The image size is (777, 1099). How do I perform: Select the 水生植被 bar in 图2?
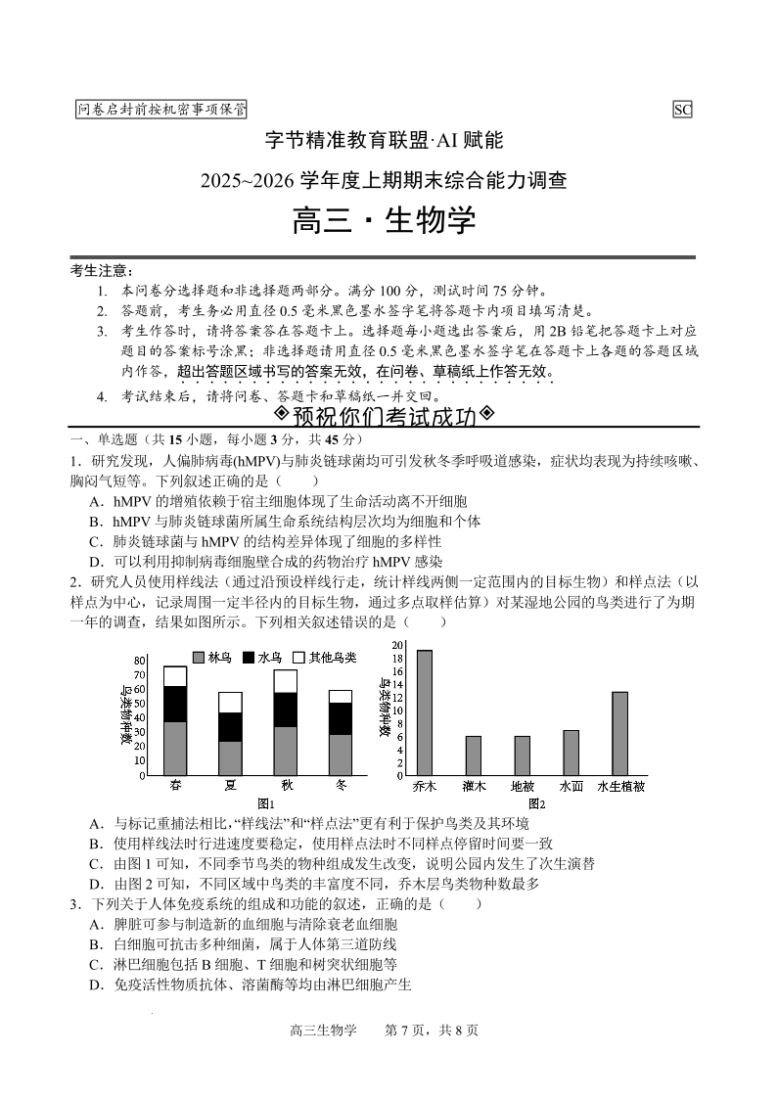pyautogui.click(x=619, y=733)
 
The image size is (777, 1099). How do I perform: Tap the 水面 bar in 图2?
pyautogui.click(x=571, y=753)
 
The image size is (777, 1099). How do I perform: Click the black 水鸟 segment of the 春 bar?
pyautogui.click(x=175, y=704)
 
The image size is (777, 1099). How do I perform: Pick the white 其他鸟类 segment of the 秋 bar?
pyautogui.click(x=286, y=681)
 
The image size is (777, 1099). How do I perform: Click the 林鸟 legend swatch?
pyautogui.click(x=199, y=658)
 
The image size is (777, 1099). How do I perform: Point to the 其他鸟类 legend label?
pyautogui.click(x=333, y=658)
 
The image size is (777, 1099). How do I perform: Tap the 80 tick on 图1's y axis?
pyautogui.click(x=140, y=662)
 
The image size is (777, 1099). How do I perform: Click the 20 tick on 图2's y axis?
pyautogui.click(x=397, y=645)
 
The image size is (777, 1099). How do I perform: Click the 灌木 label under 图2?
pyautogui.click(x=474, y=786)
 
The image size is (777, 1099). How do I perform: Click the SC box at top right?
pyautogui.click(x=682, y=110)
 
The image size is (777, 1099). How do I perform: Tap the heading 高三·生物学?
pyautogui.click(x=384, y=220)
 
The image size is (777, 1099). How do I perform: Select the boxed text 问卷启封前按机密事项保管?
pyautogui.click(x=161, y=110)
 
